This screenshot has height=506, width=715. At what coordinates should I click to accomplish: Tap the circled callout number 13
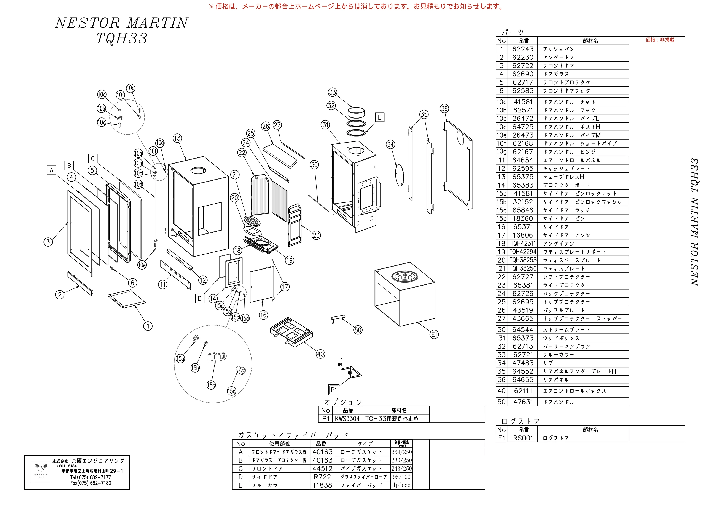pos(177,138)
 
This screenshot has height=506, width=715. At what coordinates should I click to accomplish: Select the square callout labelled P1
pos(334,390)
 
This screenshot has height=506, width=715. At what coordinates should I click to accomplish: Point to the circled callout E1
pos(434,334)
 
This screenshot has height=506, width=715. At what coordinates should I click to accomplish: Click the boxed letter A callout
pos(51,170)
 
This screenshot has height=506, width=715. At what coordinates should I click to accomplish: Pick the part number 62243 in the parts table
pos(523,49)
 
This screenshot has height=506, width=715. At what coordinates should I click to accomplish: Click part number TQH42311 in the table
pos(523,244)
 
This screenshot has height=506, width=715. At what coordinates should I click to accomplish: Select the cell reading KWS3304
pos(347,419)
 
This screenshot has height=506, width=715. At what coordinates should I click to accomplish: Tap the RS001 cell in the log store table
pos(523,438)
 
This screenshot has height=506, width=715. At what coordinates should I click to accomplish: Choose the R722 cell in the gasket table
pos(322,477)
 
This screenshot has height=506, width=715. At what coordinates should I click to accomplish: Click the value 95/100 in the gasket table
pos(402,477)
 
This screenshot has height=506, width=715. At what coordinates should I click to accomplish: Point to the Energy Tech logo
pos(41,472)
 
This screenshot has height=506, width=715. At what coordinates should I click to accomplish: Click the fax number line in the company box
pos(91,483)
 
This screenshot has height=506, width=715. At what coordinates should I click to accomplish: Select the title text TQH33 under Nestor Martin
pos(121,38)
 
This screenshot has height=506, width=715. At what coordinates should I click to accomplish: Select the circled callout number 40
pos(320,354)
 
